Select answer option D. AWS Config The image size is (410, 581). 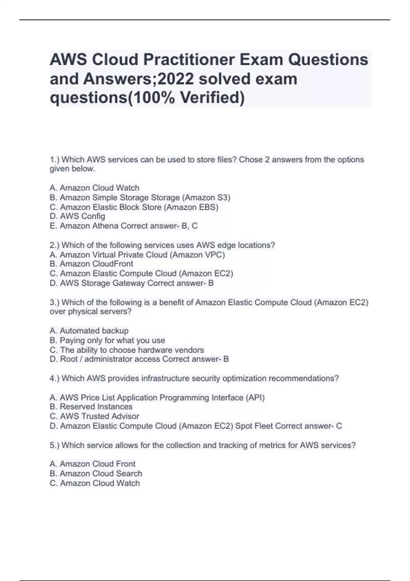click(78, 216)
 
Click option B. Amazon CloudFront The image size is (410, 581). click(92, 264)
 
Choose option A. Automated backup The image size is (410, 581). click(89, 331)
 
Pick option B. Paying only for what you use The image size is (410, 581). click(107, 340)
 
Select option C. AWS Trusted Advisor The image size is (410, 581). click(94, 416)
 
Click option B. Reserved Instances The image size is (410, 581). click(91, 407)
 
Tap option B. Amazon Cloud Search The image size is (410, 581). click(96, 474)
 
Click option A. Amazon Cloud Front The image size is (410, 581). click(93, 464)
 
